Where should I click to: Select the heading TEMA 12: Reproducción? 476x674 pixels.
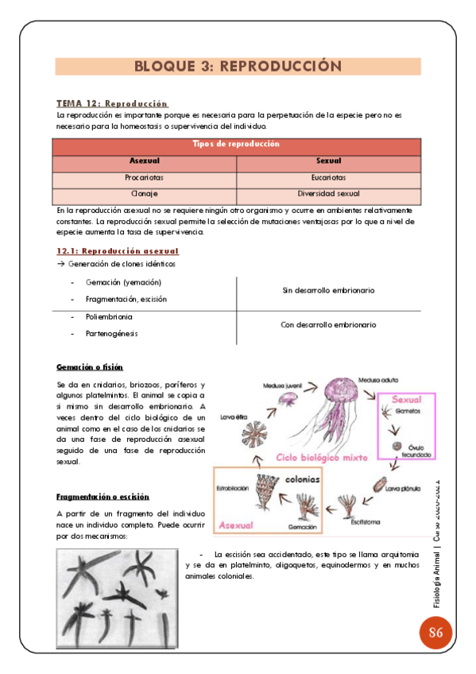[x=112, y=103]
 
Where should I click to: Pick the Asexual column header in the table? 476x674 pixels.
[x=144, y=161]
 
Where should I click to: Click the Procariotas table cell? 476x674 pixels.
[x=144, y=178]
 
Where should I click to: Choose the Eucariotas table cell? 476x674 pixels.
[x=328, y=178]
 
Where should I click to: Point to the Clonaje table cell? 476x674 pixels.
[x=144, y=194]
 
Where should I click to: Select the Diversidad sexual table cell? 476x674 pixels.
[x=328, y=194]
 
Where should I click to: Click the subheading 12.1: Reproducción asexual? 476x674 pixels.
[x=118, y=251]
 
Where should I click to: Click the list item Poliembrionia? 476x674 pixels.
[x=109, y=317]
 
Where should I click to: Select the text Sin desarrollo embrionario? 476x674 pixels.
[x=328, y=291]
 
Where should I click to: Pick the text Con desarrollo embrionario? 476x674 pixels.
[x=328, y=325]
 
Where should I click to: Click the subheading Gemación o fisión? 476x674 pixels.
[x=89, y=367]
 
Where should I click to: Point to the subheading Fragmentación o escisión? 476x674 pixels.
[x=103, y=497]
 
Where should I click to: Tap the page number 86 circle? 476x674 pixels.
[x=435, y=633]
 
